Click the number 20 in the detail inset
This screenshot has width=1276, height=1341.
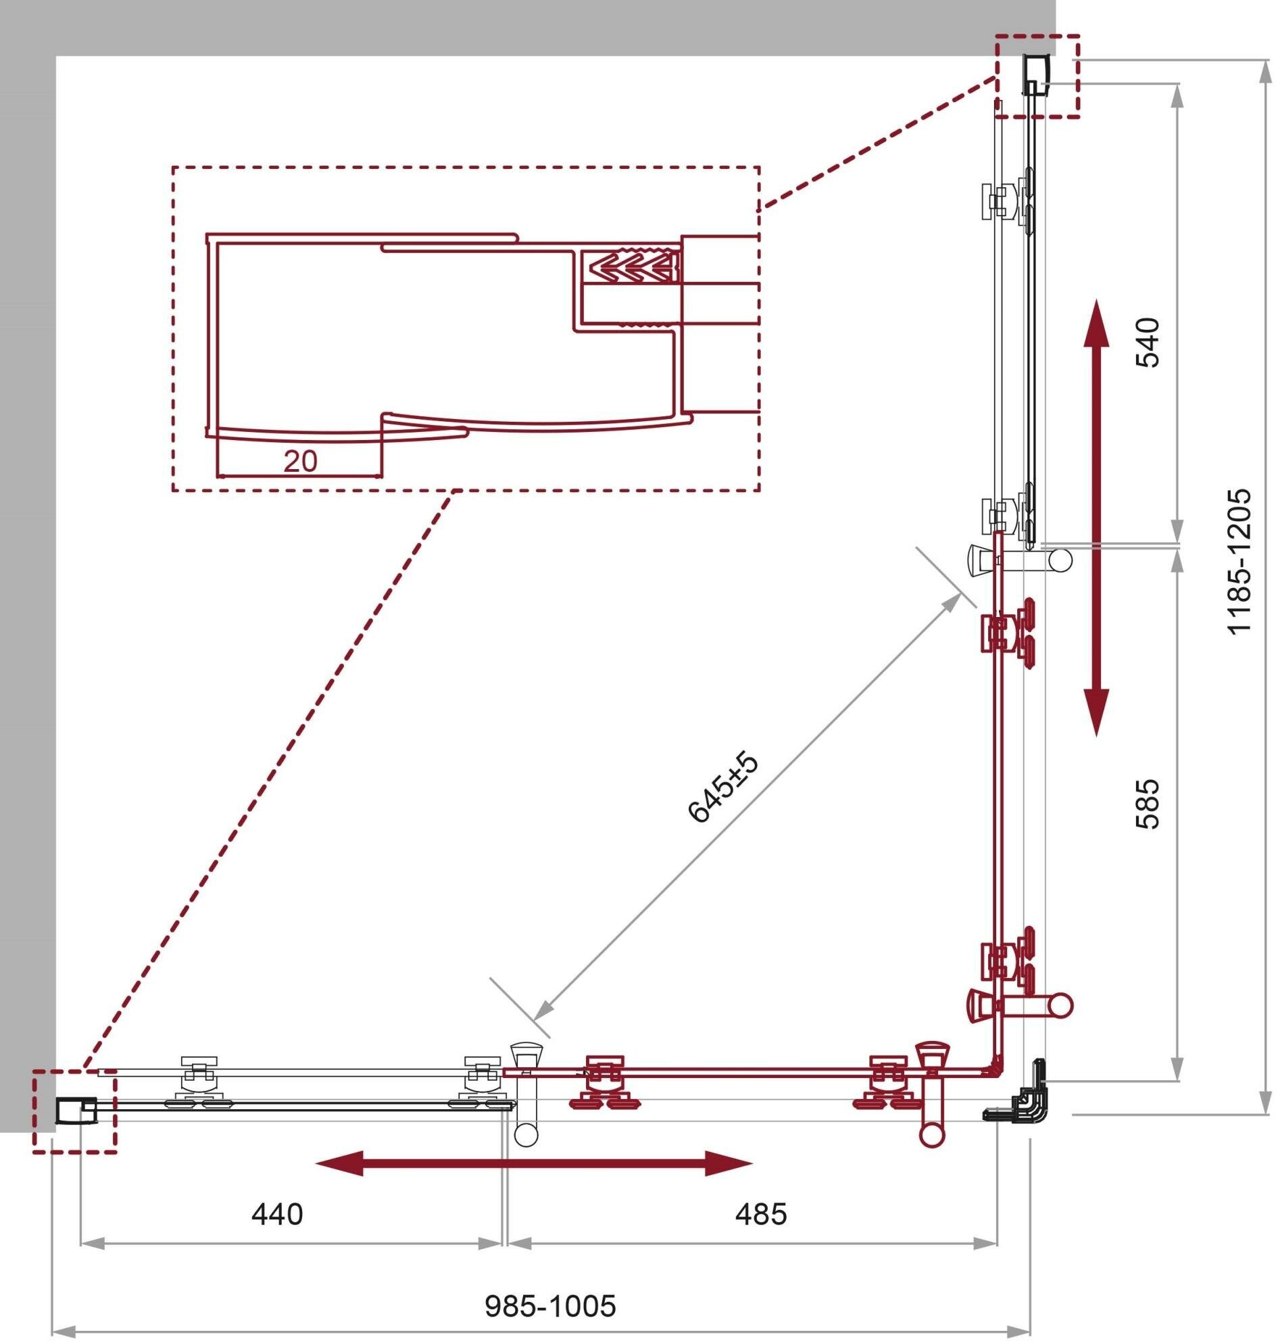point(300,462)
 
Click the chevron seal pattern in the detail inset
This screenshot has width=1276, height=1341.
point(634,267)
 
